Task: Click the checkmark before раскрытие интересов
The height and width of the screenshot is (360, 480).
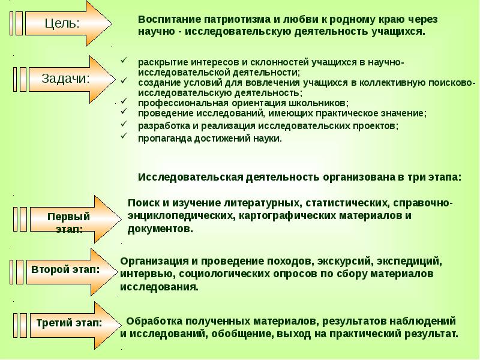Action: tap(124, 61)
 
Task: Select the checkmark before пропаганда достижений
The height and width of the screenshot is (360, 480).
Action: tap(124, 137)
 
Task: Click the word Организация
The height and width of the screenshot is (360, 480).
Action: tap(152, 262)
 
